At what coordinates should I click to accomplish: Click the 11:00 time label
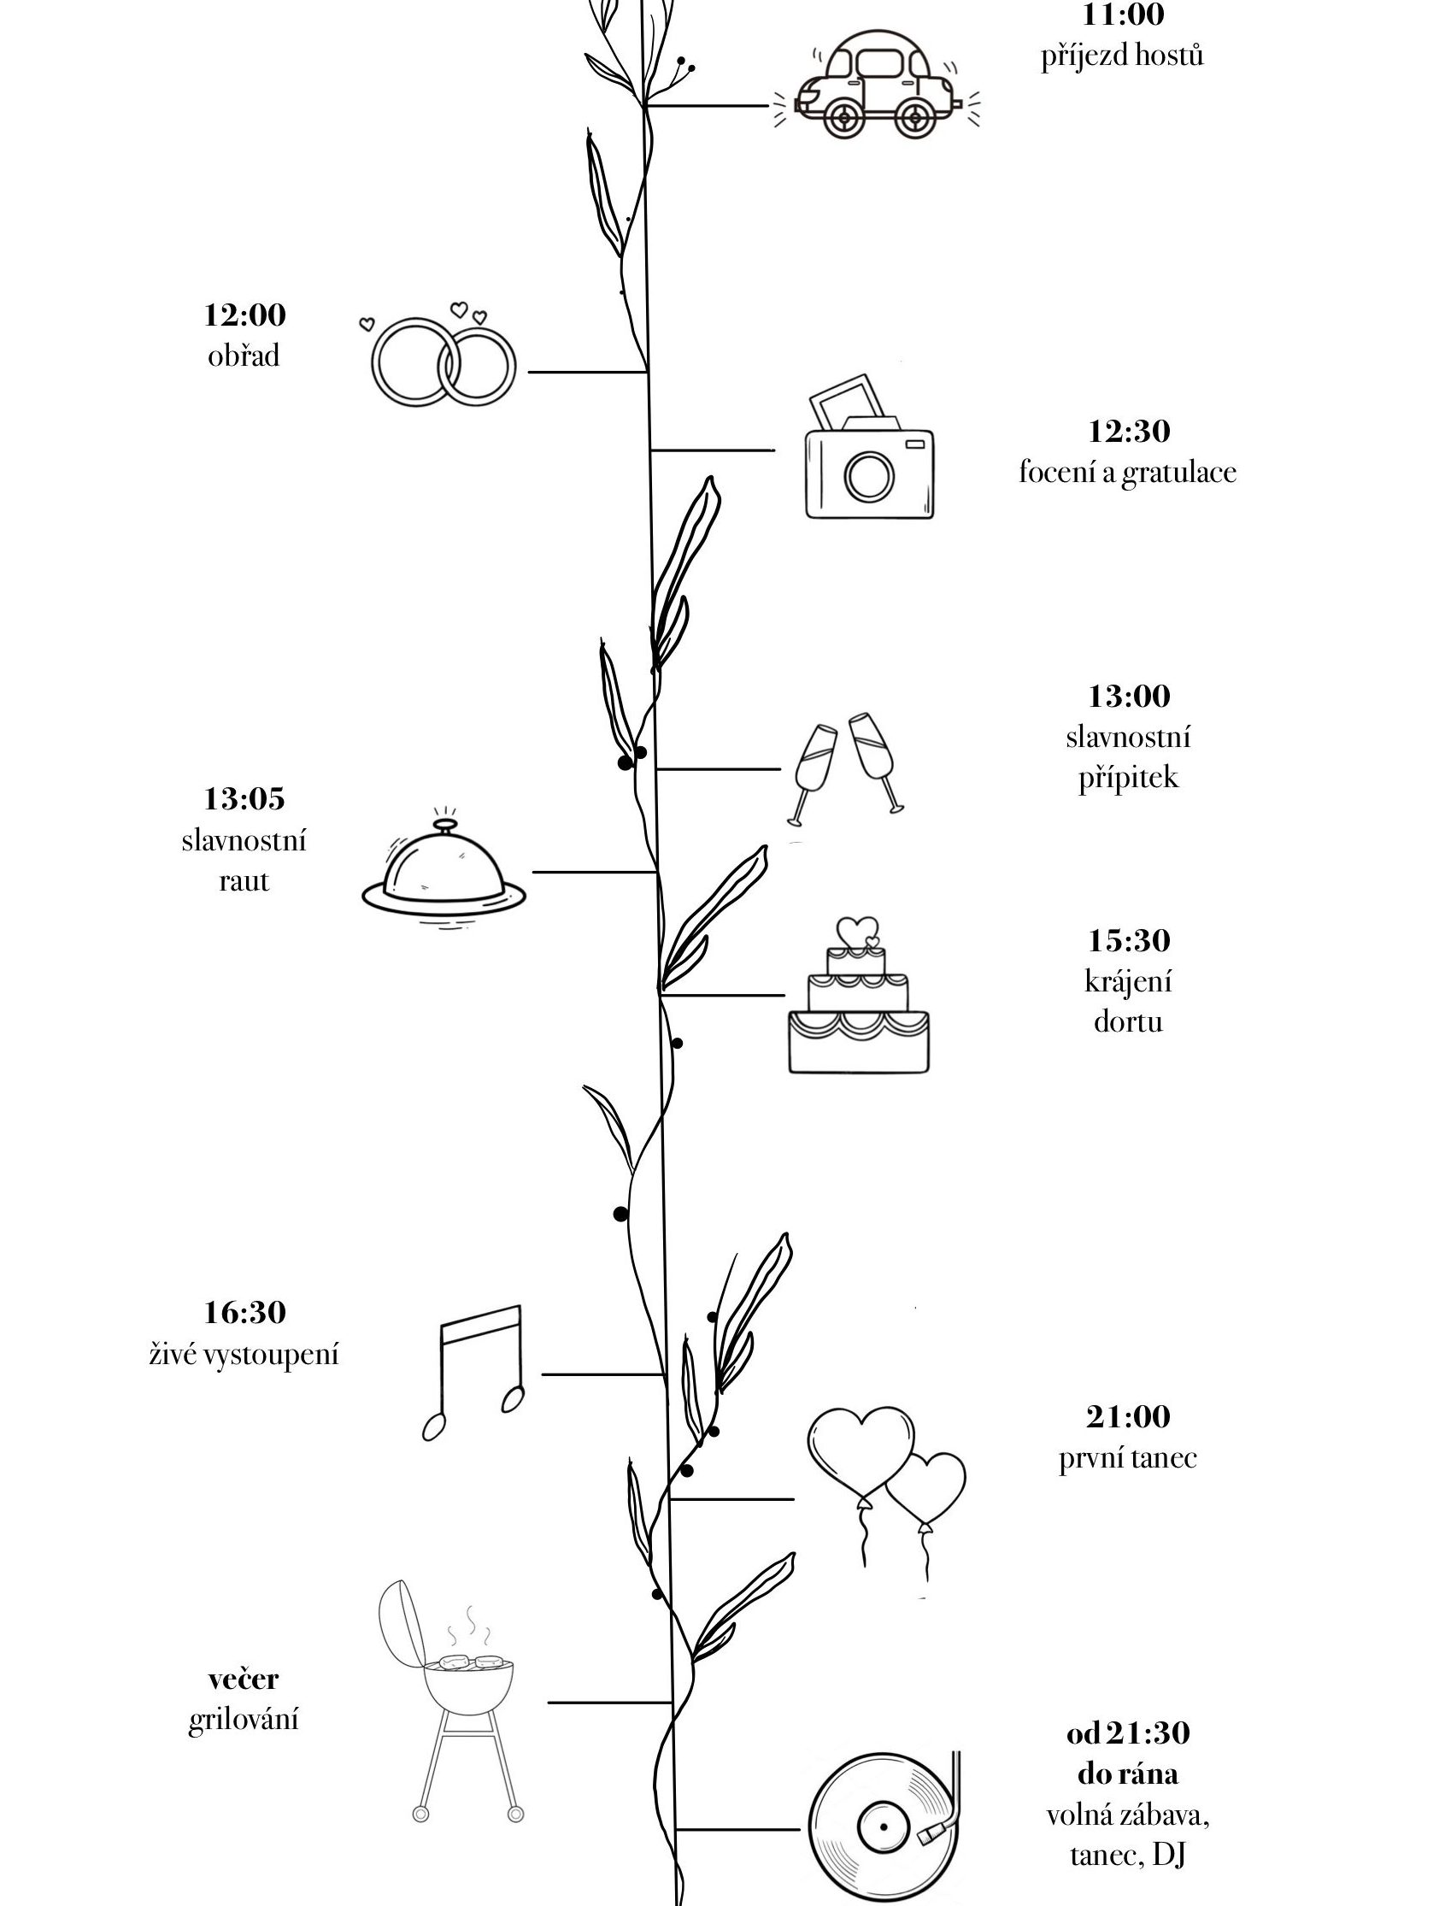coord(1122,15)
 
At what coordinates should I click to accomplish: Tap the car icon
coord(876,86)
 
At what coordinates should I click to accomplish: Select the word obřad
coord(244,356)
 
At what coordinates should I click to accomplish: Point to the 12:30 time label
coord(1128,431)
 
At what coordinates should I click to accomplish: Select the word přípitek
coord(1128,777)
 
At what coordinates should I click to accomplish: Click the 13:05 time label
coord(244,799)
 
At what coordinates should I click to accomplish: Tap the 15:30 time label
coord(1128,940)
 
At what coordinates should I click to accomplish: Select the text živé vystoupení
coord(244,1354)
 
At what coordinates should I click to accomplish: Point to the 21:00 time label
coord(1128,1417)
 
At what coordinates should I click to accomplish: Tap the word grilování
coord(244,1719)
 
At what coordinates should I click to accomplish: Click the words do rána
coord(1128,1774)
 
